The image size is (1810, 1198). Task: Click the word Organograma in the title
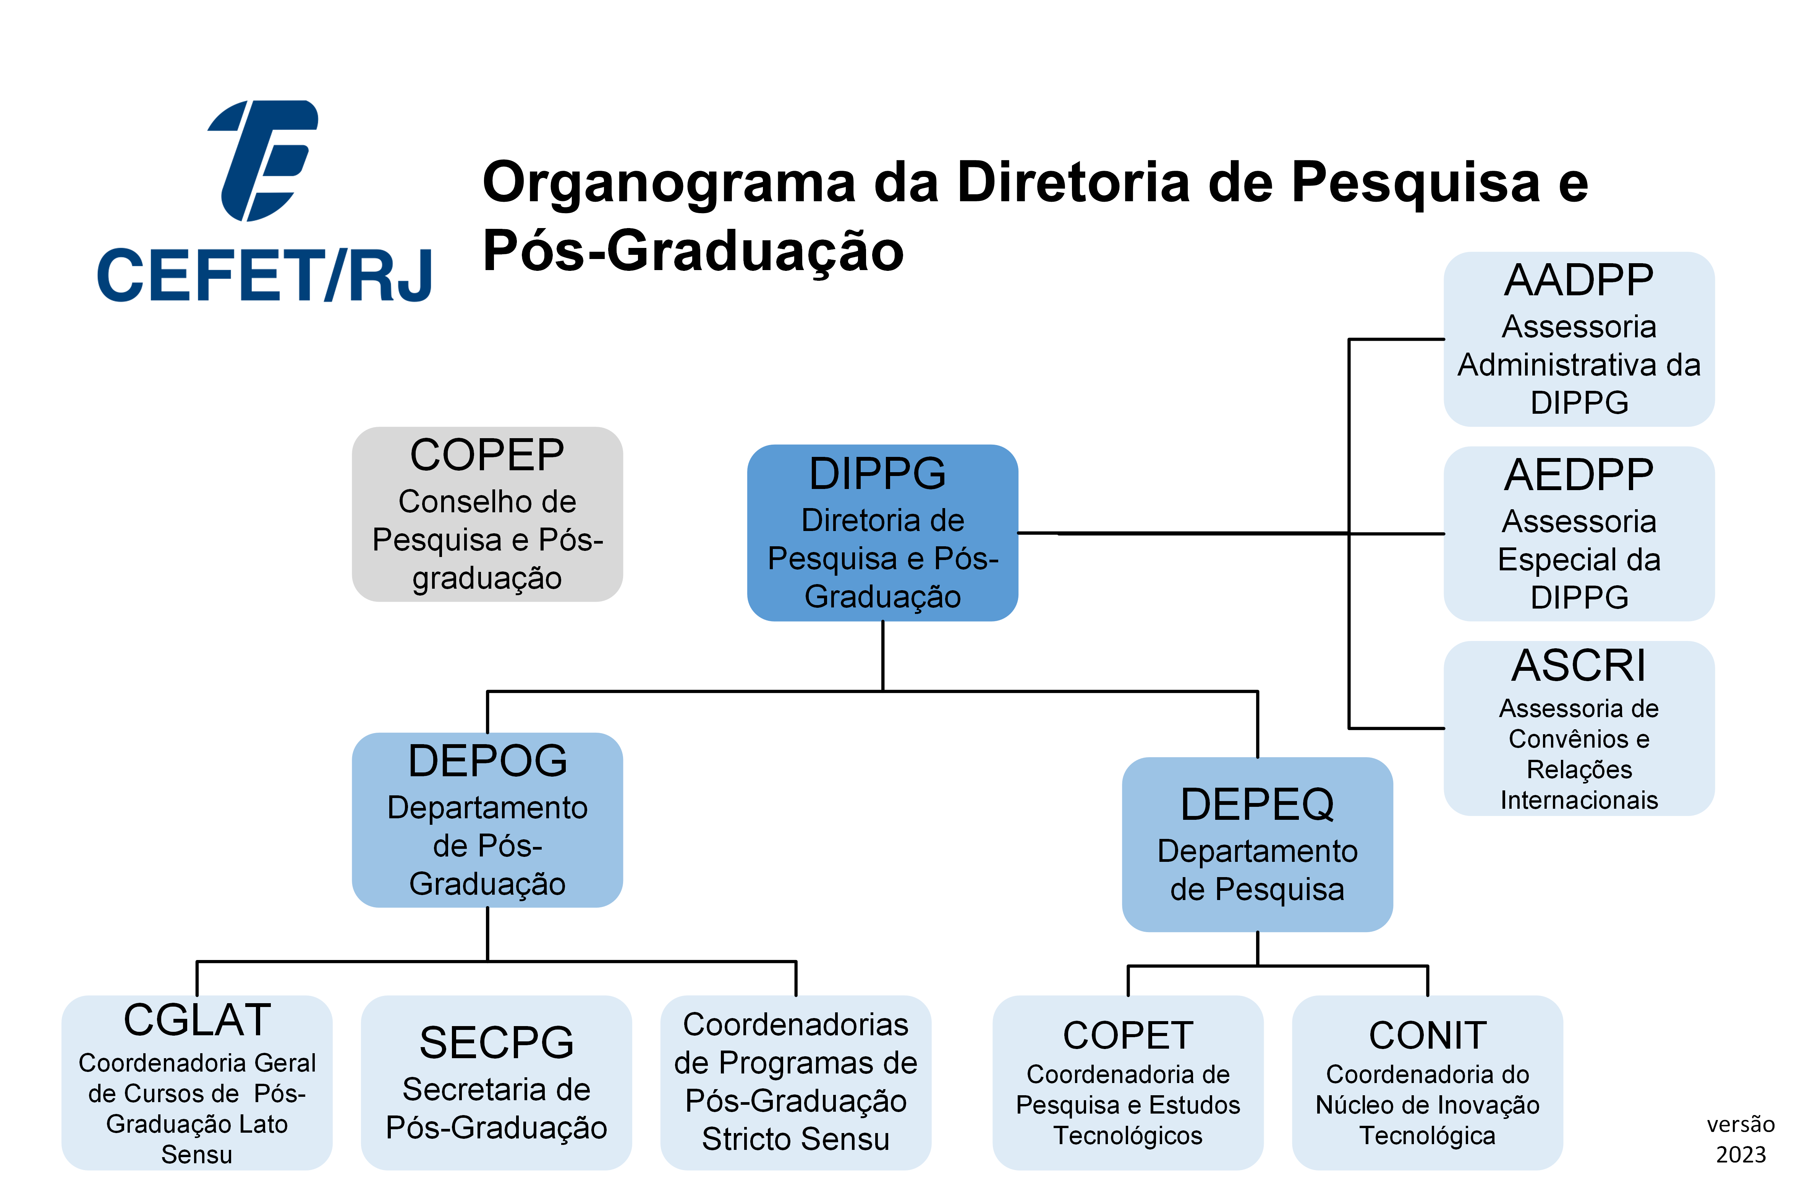[x=669, y=183]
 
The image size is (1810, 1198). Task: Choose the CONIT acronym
[x=1427, y=1036]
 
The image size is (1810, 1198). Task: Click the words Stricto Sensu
[x=795, y=1139]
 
